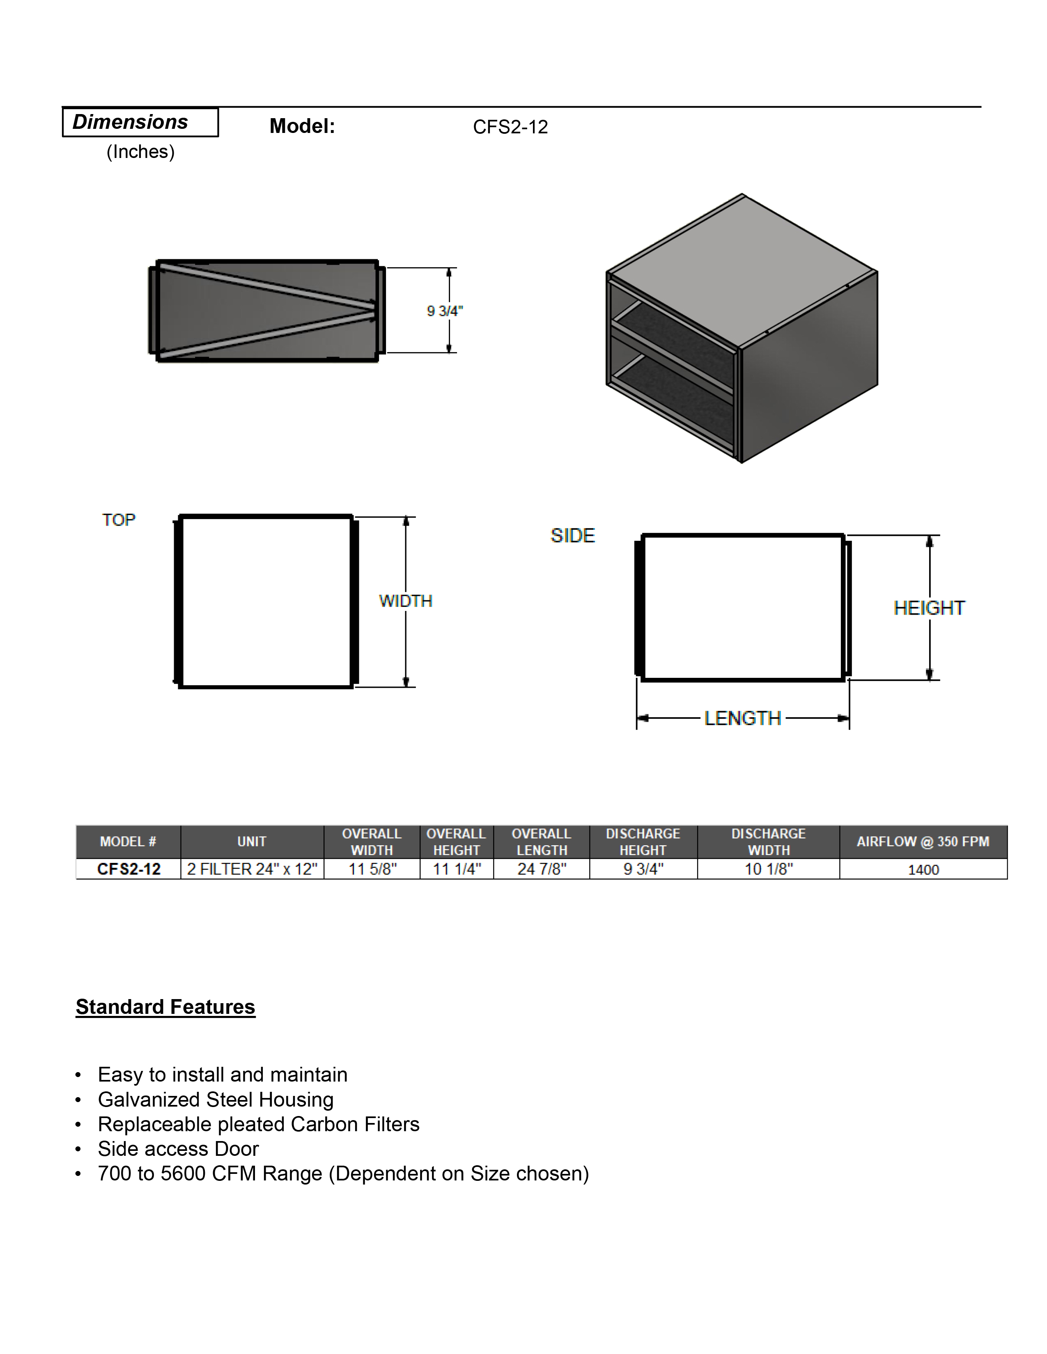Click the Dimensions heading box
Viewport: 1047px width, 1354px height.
[x=140, y=122]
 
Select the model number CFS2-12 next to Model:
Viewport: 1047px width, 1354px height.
[x=510, y=127]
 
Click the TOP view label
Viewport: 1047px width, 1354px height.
[x=119, y=519]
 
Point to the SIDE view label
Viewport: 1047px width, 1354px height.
[x=572, y=535]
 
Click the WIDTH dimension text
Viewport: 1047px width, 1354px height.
[x=406, y=601]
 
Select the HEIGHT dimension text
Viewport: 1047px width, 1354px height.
[x=929, y=608]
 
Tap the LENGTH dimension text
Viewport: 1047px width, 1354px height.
[x=742, y=718]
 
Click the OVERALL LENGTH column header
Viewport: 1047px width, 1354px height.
[x=542, y=842]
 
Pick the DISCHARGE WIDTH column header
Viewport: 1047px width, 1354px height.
[x=769, y=842]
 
